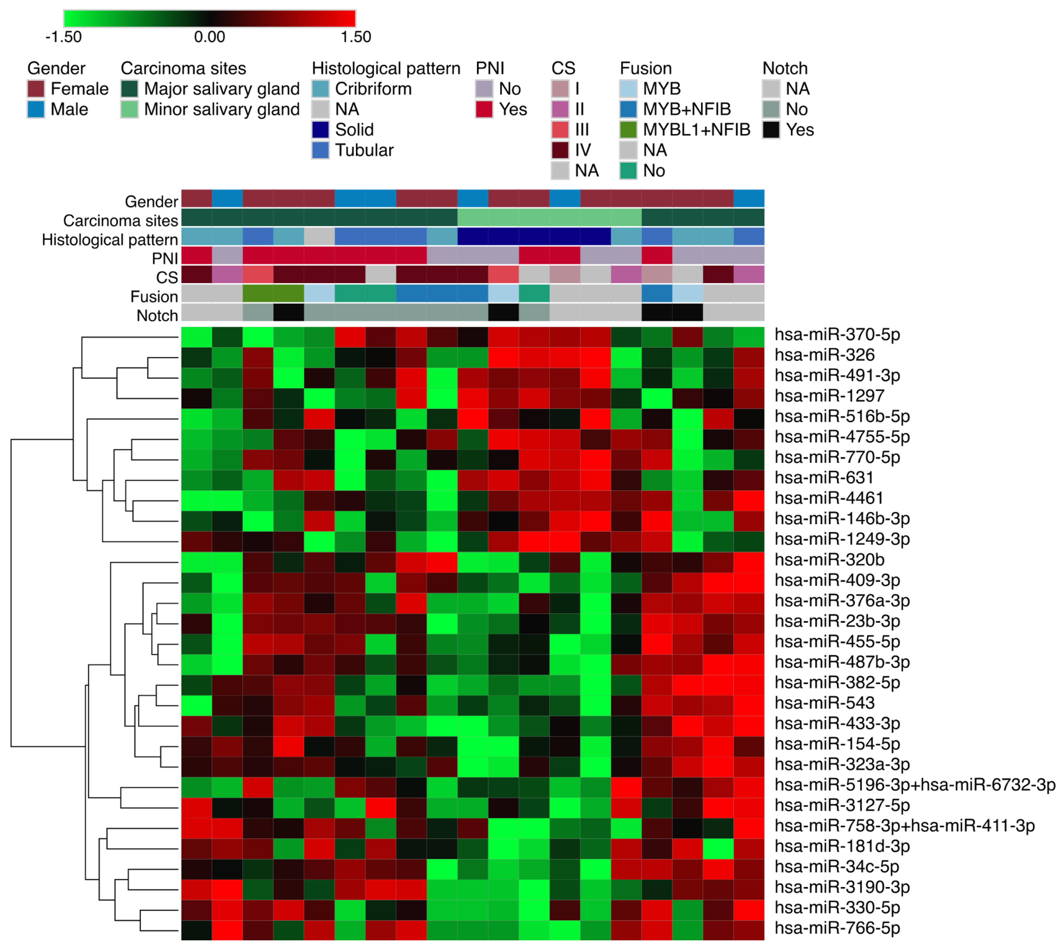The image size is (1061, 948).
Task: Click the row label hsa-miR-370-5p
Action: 836,334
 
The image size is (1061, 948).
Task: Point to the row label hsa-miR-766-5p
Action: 836,928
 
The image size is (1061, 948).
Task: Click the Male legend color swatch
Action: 36,109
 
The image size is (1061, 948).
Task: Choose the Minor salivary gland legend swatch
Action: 129,109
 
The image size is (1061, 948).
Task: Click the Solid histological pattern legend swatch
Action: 320,130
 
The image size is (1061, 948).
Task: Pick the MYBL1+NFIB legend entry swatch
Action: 629,130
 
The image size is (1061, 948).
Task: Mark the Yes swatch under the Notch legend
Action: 771,130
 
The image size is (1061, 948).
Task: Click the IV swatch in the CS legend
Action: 560,150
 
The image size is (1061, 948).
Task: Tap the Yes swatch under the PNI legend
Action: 484,109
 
